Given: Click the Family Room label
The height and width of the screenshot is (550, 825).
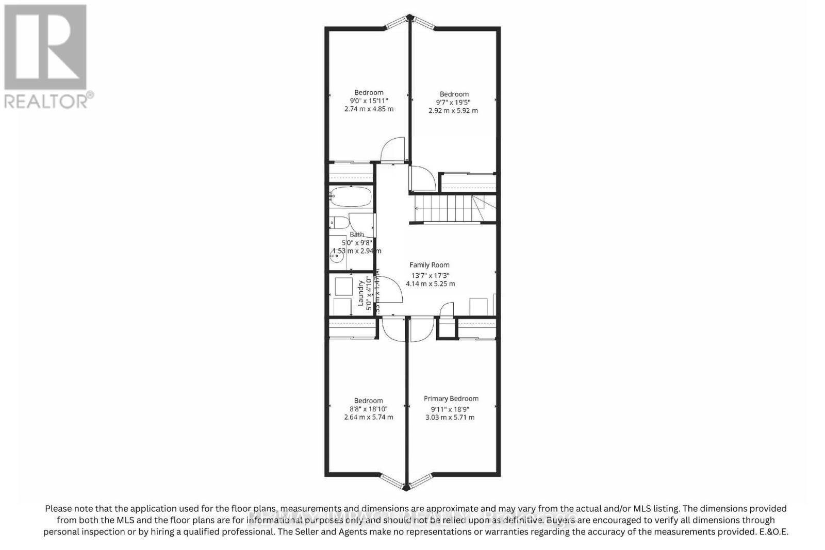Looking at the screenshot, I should (430, 265).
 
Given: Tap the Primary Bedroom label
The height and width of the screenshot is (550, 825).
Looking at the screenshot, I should (451, 398).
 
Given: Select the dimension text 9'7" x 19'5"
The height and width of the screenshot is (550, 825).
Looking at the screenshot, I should (454, 102).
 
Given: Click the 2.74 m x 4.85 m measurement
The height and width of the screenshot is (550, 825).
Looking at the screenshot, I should (369, 109).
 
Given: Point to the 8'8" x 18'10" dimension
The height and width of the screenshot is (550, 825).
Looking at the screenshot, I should (368, 409).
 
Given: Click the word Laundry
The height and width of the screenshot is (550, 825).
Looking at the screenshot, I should (361, 293).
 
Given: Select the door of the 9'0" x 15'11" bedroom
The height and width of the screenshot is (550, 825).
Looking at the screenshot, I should (392, 149).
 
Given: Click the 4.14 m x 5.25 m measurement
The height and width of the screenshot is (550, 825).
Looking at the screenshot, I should (430, 284).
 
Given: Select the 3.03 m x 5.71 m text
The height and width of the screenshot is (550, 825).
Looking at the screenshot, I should (450, 417).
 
